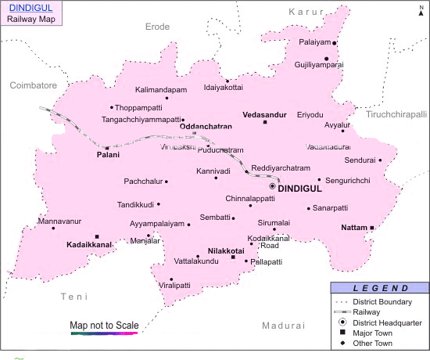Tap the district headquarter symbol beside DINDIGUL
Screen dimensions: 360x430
[x=272, y=187]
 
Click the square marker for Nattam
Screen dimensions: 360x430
[x=372, y=228]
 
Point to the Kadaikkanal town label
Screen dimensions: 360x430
[x=89, y=245]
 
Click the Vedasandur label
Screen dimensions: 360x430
[x=265, y=114]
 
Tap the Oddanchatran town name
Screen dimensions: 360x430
[x=206, y=126]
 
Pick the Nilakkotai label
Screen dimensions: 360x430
[x=226, y=250]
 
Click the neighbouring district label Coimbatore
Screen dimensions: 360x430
[x=34, y=84]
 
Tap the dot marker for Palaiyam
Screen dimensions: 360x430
[x=335, y=43]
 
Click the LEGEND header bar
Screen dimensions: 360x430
[x=378, y=289]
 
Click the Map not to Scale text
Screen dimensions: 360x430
[x=104, y=325]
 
